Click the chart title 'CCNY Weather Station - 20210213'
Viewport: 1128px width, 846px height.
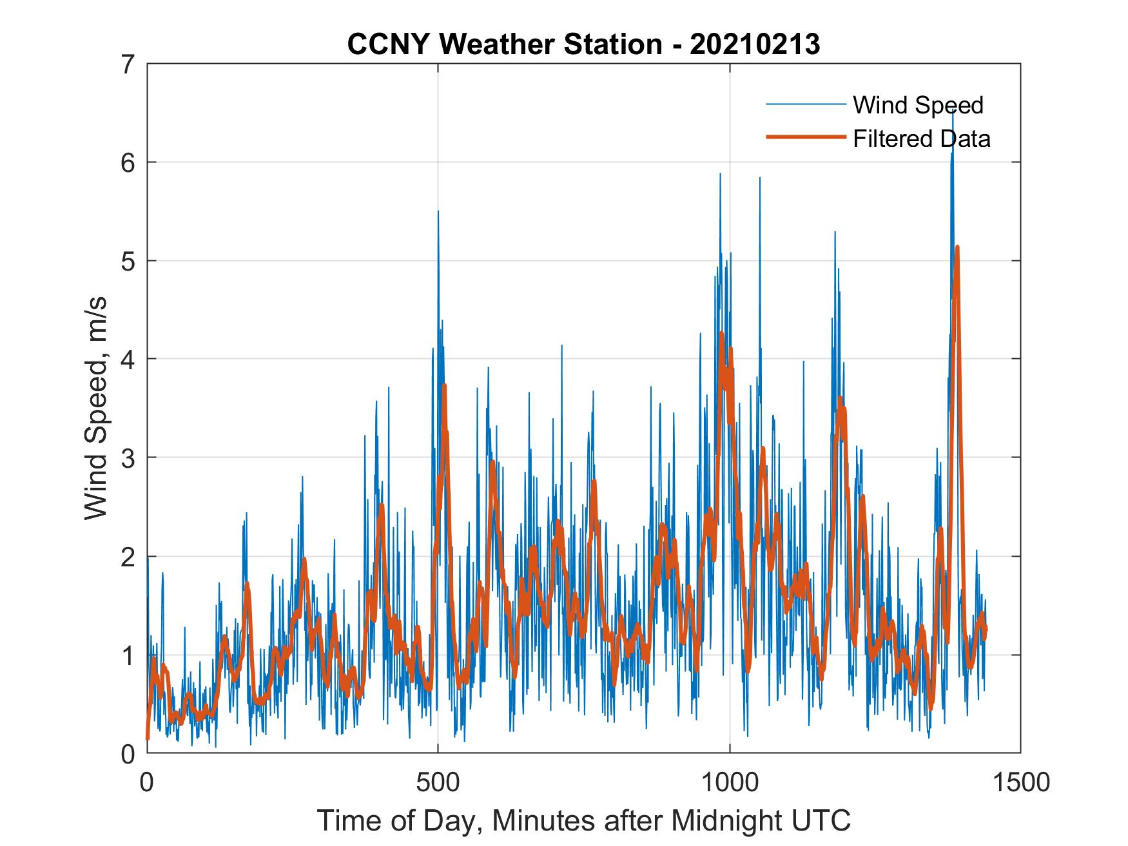click(x=583, y=44)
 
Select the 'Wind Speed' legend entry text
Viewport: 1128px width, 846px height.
click(x=918, y=105)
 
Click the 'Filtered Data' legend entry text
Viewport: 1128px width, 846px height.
click(x=921, y=139)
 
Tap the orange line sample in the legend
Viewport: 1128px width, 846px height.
click(x=805, y=137)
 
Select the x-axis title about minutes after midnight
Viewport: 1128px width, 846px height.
click(x=583, y=820)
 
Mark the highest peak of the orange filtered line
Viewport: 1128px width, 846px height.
click(x=957, y=247)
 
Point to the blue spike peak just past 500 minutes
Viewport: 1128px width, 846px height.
click(x=438, y=211)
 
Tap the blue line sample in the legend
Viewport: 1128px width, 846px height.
click(x=805, y=104)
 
